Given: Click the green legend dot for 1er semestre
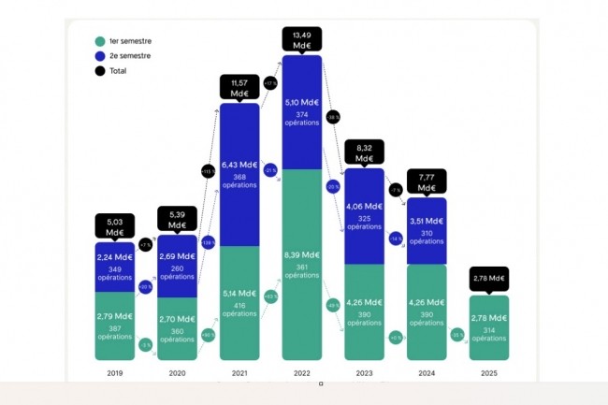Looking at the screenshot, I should point(99,41).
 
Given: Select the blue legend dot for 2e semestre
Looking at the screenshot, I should point(99,56).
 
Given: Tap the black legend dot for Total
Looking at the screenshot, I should point(99,71).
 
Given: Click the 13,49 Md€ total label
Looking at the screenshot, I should point(302,39).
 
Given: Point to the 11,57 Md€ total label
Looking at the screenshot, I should point(239,88).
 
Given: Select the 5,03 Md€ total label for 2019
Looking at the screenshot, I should point(114,226).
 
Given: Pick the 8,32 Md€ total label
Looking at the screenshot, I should point(364,152).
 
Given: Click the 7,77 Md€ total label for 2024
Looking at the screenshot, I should point(427,181).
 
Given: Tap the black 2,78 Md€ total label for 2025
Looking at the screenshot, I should point(489,278).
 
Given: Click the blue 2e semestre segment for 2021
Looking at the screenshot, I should point(239,174).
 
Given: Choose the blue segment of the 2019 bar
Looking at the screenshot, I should point(114,268).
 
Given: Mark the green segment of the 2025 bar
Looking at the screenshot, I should point(489,327).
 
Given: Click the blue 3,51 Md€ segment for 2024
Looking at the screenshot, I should point(427,231).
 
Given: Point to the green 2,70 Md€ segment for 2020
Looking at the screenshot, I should point(177,328).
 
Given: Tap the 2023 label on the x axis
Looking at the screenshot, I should point(364,372).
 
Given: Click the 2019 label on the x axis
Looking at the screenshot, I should point(114,372).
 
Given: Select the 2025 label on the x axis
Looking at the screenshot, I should point(489,372).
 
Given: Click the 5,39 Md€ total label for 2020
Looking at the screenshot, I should point(177,219).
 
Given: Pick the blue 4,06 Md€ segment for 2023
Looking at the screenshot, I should point(364,216).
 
